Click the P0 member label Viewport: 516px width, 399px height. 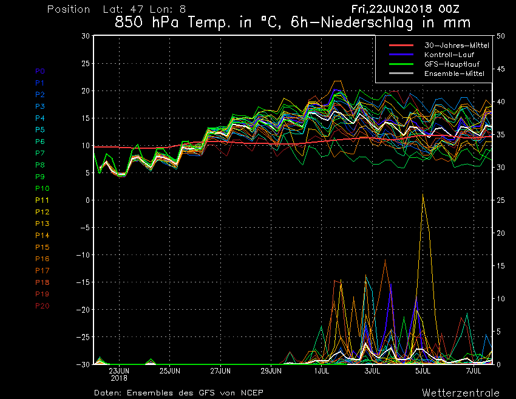40,71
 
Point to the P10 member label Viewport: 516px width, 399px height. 42,188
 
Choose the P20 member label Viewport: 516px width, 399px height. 42,305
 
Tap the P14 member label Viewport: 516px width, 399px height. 42,235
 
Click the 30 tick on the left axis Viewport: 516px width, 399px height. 86,36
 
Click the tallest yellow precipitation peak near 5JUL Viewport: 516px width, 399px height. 423,194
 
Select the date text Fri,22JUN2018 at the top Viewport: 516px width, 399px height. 391,10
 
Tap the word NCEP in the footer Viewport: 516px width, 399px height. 251,392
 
